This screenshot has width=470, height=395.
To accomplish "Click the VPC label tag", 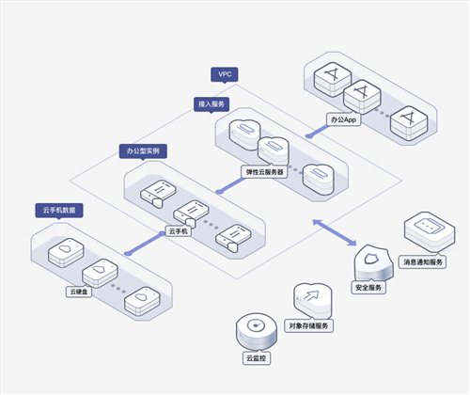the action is tap(225, 74).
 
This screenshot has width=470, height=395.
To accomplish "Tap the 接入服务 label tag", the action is tap(211, 104).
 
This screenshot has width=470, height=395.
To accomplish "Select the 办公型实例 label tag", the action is tap(143, 151).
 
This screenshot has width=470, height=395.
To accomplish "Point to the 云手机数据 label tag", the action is tap(59, 211).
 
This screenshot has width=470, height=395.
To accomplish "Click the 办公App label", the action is tap(343, 119).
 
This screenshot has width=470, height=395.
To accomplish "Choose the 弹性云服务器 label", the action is tap(264, 172).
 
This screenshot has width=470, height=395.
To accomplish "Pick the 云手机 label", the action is tap(178, 231).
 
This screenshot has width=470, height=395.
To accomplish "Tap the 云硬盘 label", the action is tap(79, 292).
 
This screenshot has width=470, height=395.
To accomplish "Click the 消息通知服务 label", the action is tap(423, 262).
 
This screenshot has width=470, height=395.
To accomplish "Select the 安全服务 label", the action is tap(368, 288).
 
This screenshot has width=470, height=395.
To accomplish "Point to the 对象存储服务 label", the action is tap(308, 325).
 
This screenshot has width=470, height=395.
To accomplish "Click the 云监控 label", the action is tap(257, 358).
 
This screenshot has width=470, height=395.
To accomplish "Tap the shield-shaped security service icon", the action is tap(373, 262).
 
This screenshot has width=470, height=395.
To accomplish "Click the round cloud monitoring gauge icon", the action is tap(257, 332).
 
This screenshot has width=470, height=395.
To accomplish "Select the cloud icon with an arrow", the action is tap(312, 301).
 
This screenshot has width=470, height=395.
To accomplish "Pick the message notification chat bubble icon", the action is tap(430, 231).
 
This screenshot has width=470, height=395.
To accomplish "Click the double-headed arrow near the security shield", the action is tap(335, 232).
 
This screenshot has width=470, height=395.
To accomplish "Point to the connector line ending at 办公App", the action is tap(318, 131).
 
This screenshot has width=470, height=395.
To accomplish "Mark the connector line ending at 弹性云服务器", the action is tap(230, 185).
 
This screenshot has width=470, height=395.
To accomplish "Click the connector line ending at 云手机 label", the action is tap(145, 244).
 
